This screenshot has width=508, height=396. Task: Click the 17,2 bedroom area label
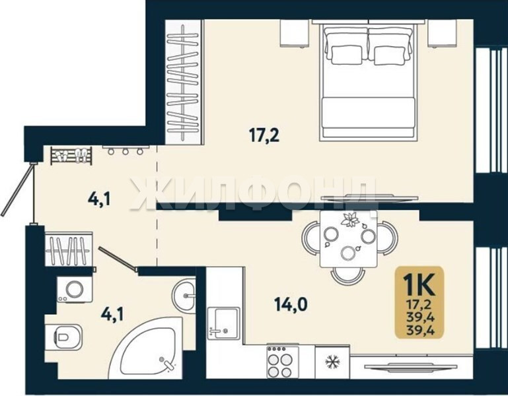264,135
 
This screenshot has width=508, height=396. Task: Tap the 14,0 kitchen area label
291,304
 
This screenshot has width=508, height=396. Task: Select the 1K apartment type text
419,284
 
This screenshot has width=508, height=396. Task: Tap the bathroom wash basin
184,295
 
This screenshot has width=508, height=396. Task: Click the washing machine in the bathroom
75,289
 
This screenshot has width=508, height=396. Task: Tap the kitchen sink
223,323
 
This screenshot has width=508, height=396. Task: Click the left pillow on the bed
345,54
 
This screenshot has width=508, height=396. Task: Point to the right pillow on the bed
390,55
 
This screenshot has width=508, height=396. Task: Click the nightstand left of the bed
294,33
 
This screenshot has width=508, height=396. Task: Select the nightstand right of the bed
441,33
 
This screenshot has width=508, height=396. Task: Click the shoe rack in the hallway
71,155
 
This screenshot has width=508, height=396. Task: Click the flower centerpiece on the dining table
350,220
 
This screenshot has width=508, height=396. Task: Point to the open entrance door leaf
17,190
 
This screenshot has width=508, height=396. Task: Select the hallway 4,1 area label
99,199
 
